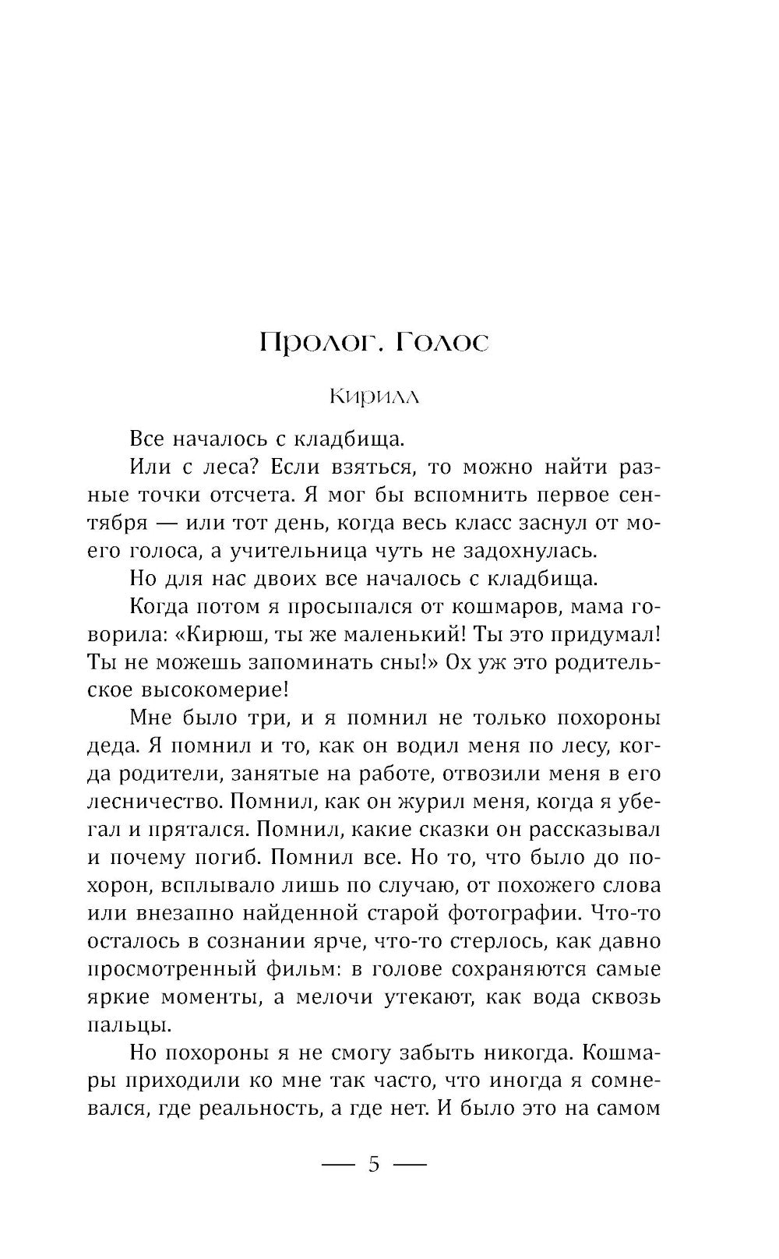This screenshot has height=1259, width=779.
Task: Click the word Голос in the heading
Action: (442, 344)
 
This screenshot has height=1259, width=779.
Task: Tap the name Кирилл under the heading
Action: (374, 397)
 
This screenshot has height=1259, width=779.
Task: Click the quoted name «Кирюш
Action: (220, 635)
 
